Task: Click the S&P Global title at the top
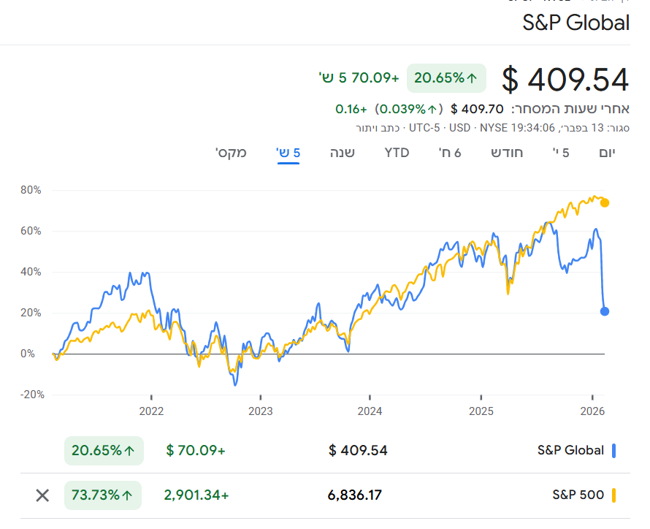[x=576, y=23]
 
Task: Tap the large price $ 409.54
[x=565, y=79]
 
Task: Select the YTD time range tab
[x=397, y=153]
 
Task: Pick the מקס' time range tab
[x=231, y=153]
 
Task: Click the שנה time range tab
[x=343, y=153]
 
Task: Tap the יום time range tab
[x=607, y=153]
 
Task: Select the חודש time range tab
[x=507, y=153]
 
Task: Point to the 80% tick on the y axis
[x=32, y=190]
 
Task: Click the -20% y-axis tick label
[x=31, y=395]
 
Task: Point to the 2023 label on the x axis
[x=261, y=411]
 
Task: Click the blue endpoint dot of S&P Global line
[x=605, y=311]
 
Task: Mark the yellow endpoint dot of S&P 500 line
[x=605, y=202]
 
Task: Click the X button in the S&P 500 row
[x=42, y=495]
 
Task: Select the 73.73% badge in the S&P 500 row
[x=104, y=495]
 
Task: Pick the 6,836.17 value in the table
[x=355, y=495]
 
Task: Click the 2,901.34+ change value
[x=196, y=495]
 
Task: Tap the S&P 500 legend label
[x=578, y=495]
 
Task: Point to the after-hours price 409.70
[x=477, y=109]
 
